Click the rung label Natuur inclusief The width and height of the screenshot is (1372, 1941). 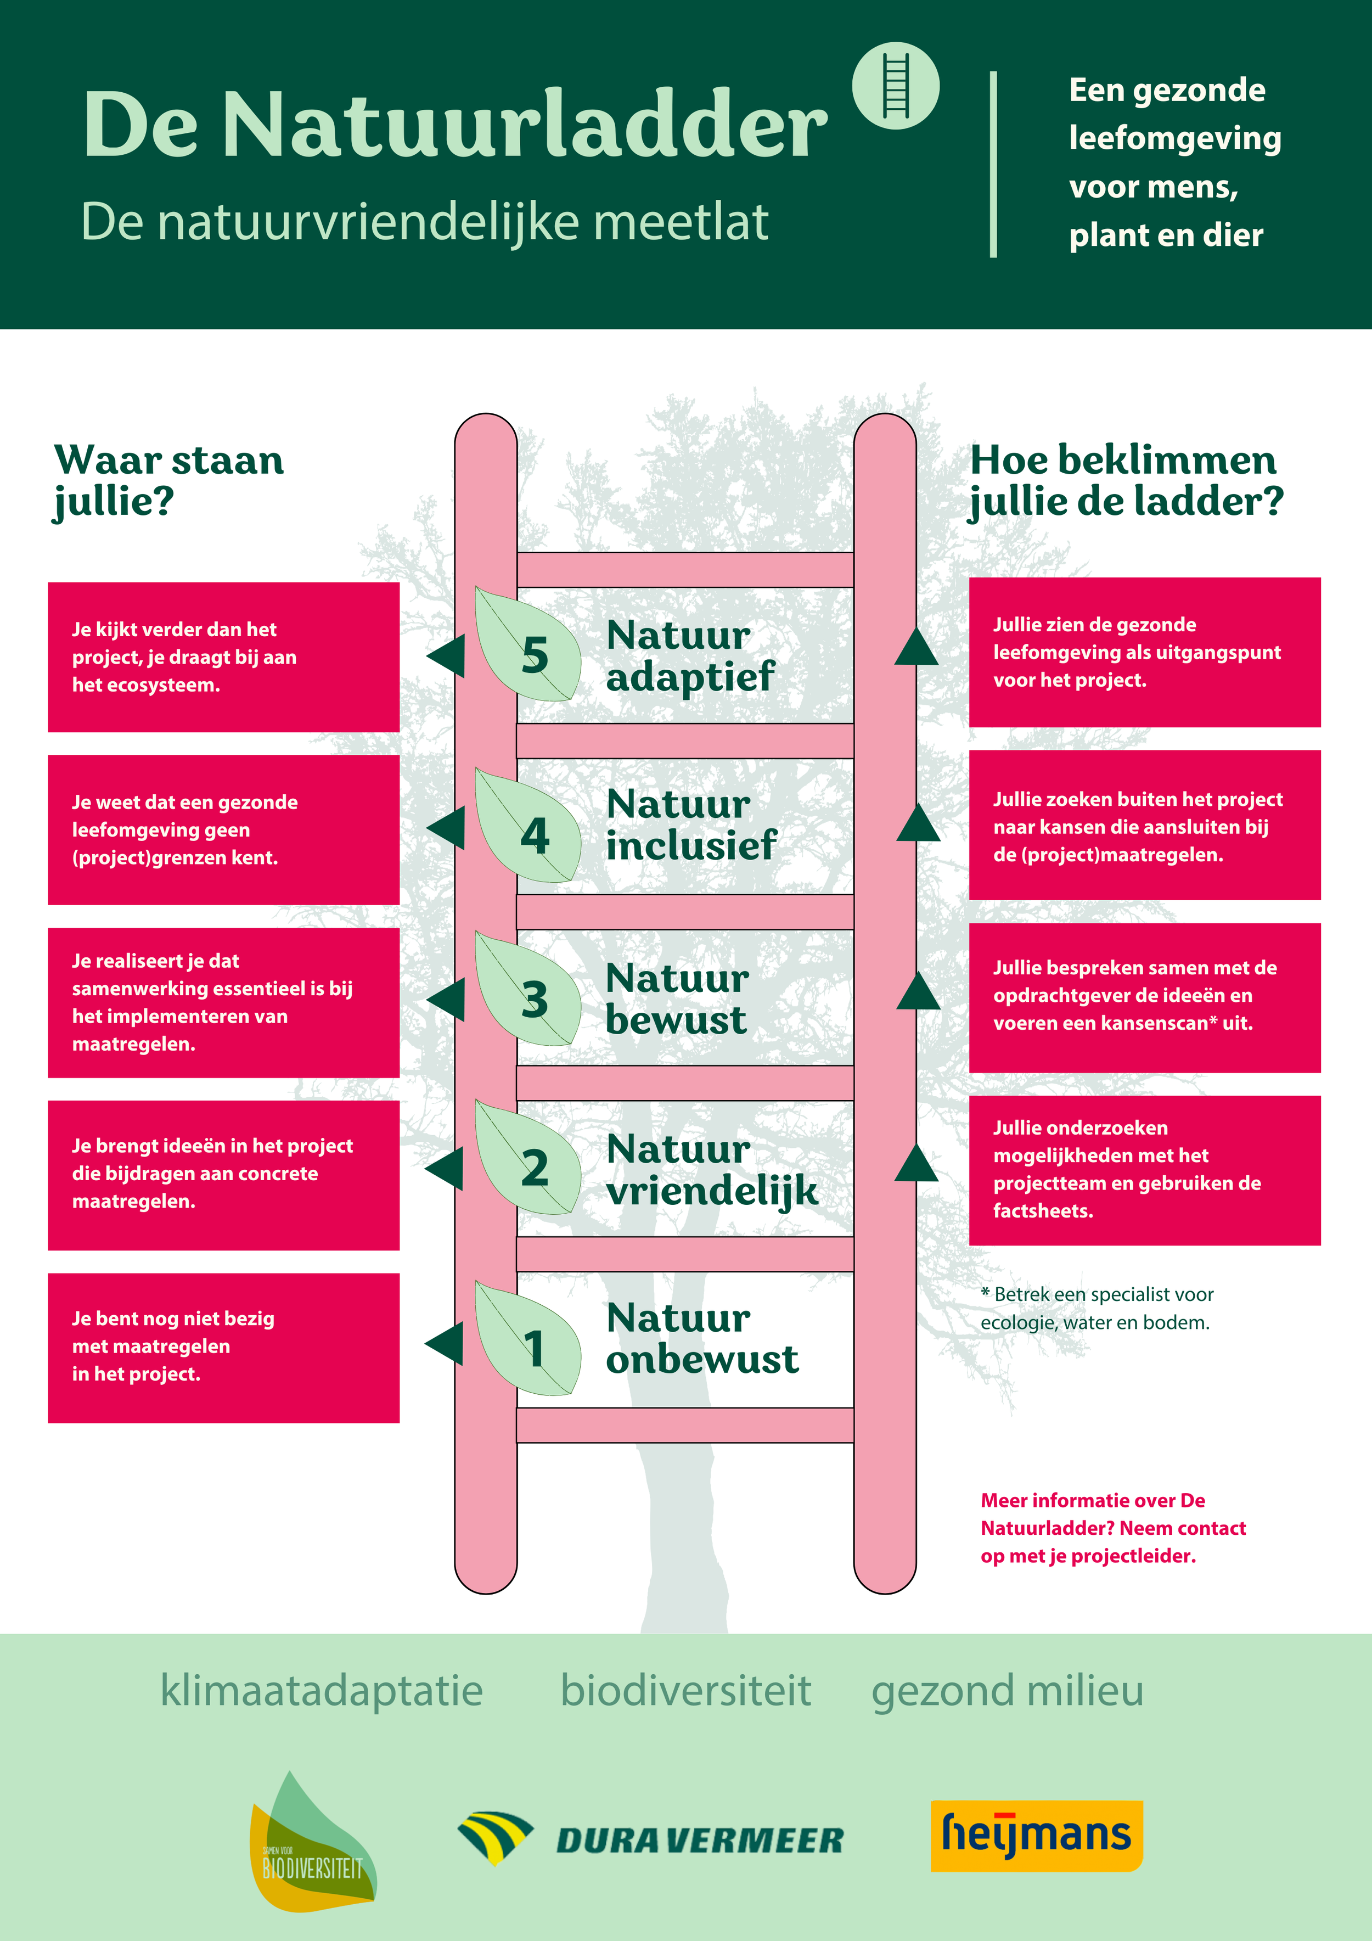690,824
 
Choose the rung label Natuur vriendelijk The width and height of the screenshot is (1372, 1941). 711,1169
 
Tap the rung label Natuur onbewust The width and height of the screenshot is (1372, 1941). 701,1338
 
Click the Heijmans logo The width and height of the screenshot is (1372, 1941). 1036,1835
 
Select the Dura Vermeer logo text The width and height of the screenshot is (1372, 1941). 700,1841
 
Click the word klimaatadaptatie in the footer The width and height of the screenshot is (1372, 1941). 321,1691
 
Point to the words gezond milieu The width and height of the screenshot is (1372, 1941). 1007,1691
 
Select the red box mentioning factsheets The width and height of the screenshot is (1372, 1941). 1145,1170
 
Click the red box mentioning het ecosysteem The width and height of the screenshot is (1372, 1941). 223,657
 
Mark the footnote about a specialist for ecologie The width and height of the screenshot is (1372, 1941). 1097,1308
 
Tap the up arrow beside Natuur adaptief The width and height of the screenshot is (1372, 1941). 916,647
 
